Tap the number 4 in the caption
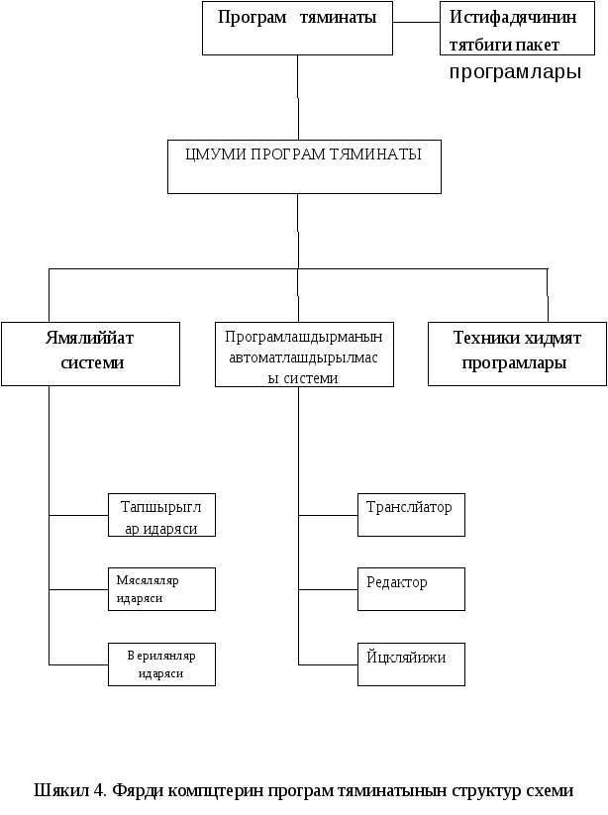tap(99, 790)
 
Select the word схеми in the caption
tap(550, 790)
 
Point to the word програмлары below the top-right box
tap(515, 72)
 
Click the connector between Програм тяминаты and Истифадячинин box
tap(416, 23)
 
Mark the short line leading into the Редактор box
tap(328, 589)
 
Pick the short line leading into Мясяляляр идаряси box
tap(78, 589)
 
